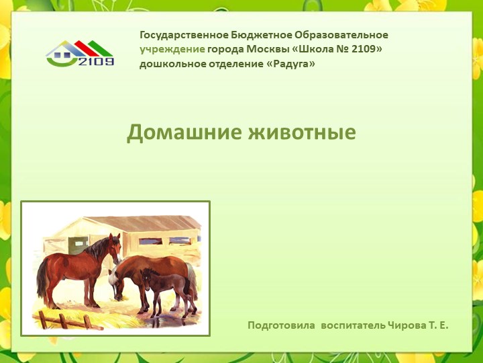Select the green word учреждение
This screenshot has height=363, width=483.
pos(172,49)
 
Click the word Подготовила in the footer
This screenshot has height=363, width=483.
pos(281,325)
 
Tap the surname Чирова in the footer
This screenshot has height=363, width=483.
pos(407,325)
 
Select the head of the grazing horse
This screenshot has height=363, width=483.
pos(118,282)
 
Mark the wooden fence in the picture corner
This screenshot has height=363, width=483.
pos(64,319)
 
